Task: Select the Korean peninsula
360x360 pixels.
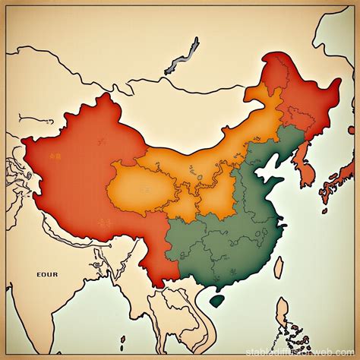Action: pos(305,169)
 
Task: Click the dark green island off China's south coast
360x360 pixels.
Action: pos(216,299)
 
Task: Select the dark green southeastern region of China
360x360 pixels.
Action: pos(228,243)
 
